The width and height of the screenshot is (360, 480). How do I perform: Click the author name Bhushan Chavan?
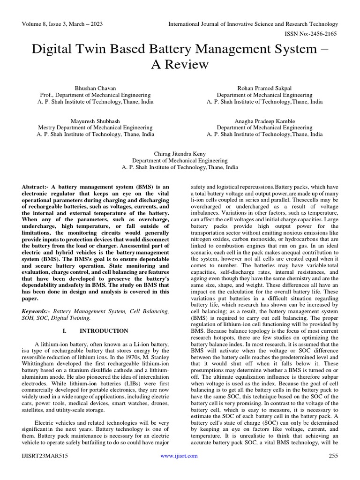pos(95,88)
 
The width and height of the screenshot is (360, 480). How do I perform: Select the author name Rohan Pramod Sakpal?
pos(264,88)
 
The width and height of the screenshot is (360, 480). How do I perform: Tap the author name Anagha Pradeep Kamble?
pos(264,121)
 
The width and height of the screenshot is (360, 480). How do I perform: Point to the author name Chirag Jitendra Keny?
pos(180,154)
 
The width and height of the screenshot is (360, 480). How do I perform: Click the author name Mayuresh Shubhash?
pos(95,121)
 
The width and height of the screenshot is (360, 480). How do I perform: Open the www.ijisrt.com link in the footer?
pos(179,456)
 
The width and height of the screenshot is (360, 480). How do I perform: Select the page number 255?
pos(333,456)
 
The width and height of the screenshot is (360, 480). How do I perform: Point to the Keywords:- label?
pos(36,311)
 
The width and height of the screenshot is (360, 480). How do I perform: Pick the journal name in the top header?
pos(253,24)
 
